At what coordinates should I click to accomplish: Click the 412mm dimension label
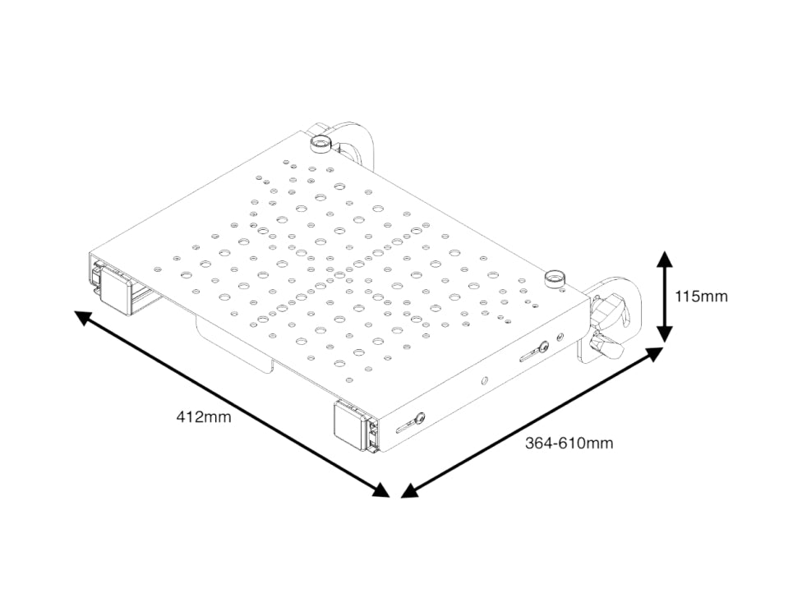(204, 417)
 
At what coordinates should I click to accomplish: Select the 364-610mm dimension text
(569, 443)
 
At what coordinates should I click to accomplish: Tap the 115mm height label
(701, 297)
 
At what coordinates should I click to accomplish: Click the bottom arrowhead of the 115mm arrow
(665, 333)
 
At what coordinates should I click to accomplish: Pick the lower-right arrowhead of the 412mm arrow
(380, 490)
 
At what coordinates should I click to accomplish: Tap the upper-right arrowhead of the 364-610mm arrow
(655, 354)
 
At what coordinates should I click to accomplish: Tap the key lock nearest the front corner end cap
(419, 418)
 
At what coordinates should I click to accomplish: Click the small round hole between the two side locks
(484, 380)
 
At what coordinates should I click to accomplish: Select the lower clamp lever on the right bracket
(606, 345)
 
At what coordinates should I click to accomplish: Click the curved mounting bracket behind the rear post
(353, 141)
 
